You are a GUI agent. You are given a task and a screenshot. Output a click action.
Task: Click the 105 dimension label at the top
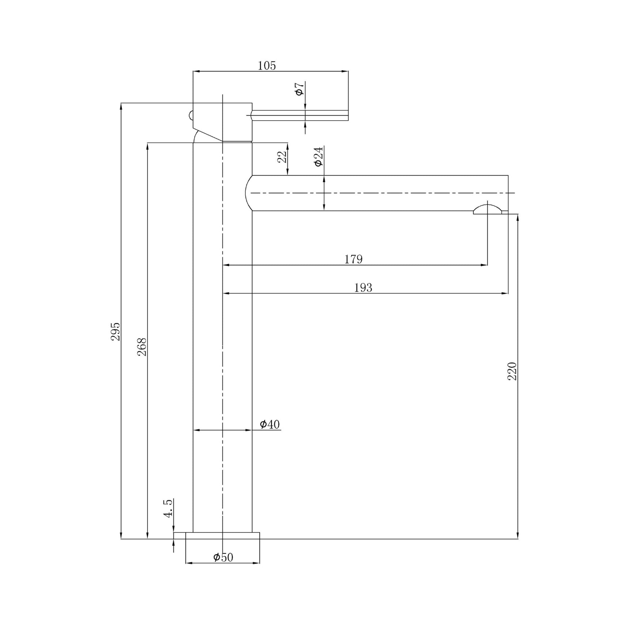267,66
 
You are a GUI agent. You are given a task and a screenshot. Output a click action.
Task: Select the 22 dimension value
282,157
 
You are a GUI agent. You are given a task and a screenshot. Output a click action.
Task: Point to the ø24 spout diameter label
319,157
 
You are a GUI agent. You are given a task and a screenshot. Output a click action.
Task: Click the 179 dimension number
353,259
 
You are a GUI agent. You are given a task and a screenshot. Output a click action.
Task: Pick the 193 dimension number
363,288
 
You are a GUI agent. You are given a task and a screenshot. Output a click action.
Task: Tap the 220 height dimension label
512,371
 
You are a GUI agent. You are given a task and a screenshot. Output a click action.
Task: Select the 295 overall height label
116,331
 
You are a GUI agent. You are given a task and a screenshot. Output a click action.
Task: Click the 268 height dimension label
142,347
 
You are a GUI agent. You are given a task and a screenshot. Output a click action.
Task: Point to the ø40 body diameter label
270,424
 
